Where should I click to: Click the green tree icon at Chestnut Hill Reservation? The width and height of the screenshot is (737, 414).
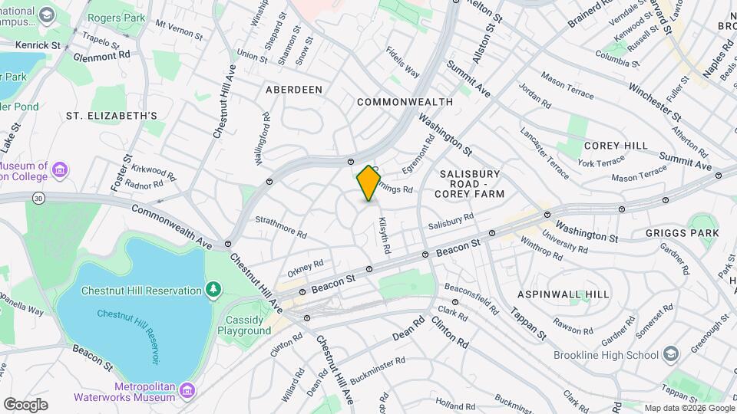(213, 289)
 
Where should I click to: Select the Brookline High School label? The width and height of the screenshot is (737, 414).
(606, 355)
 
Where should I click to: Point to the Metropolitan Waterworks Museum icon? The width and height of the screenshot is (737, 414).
(186, 392)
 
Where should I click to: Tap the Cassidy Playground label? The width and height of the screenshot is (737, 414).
(248, 325)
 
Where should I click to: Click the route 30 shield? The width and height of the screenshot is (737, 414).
(38, 198)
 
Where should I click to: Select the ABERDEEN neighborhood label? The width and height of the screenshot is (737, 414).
(294, 90)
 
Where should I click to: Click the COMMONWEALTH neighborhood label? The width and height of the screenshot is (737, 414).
(405, 102)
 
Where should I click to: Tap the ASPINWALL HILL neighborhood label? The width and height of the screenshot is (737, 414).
(563, 294)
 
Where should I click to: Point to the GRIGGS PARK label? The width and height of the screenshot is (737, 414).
(683, 233)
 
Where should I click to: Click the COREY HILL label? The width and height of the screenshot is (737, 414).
(616, 146)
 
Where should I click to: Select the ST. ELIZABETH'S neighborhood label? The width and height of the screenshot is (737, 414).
(111, 116)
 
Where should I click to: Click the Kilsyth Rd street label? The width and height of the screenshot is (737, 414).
(385, 235)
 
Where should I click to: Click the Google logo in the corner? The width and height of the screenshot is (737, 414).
(25, 404)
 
